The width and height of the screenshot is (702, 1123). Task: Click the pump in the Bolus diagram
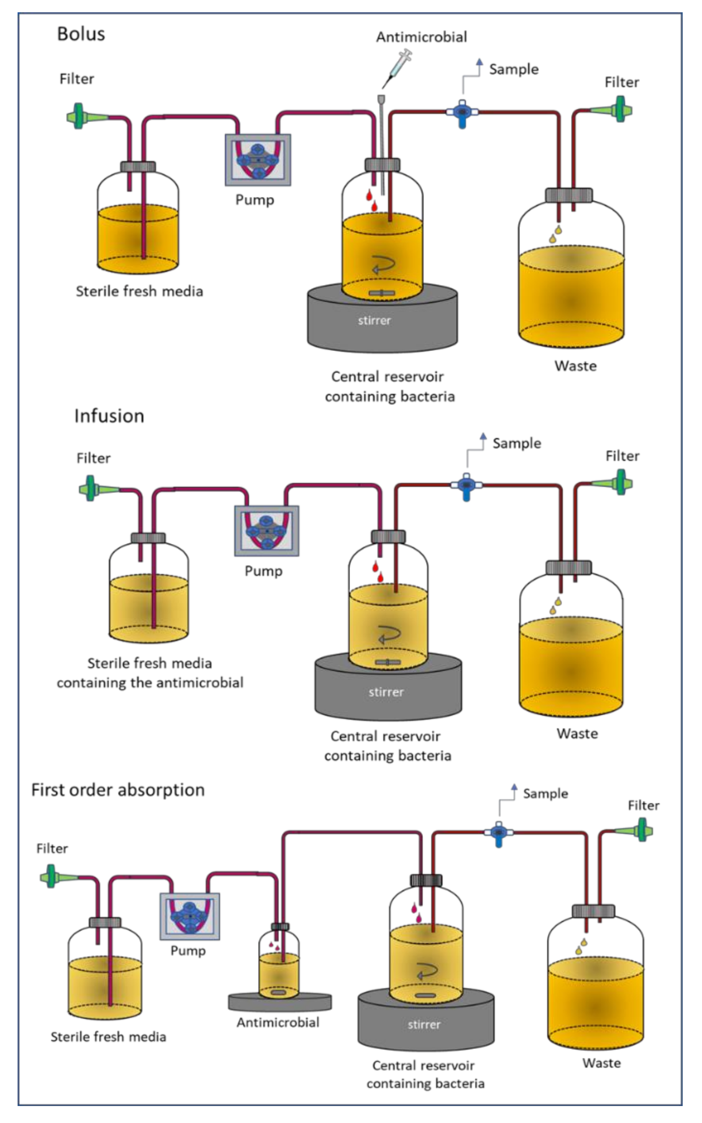click(x=257, y=160)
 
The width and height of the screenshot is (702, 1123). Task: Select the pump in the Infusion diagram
click(x=267, y=530)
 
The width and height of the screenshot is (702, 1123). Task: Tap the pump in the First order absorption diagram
click(x=189, y=916)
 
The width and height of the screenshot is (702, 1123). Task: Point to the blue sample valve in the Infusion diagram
click(x=466, y=486)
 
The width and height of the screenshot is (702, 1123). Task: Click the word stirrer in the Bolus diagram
click(x=374, y=320)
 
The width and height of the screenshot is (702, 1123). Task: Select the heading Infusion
click(x=109, y=416)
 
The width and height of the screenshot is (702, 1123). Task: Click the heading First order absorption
click(x=118, y=790)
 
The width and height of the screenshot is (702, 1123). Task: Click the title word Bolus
click(x=81, y=34)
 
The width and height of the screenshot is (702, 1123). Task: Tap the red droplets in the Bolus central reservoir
click(x=371, y=199)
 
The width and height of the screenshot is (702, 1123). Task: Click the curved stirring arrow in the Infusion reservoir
click(x=388, y=635)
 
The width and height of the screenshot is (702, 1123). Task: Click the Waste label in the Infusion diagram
click(x=577, y=733)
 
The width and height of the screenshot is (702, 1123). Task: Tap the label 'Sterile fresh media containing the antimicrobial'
click(x=150, y=673)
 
